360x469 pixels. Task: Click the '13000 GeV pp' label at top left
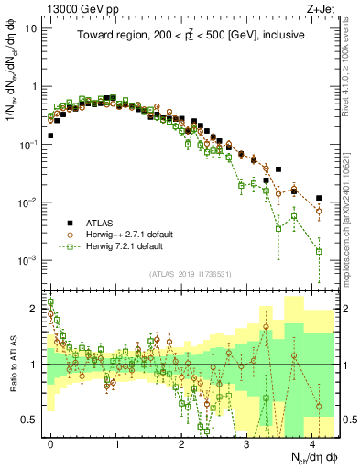[71, 8]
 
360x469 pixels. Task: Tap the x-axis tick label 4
[312, 442]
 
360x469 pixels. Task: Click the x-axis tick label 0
[50, 442]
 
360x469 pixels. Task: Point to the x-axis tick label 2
[181, 442]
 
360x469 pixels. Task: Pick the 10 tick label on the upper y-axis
[31, 27]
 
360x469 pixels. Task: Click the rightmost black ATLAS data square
[319, 198]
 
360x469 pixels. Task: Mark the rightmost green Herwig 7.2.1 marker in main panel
[319, 251]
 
